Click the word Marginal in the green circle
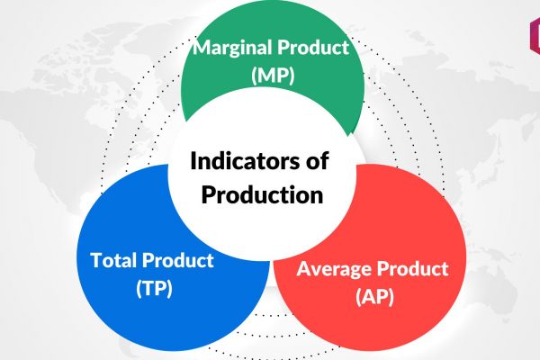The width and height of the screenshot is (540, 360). pos(233,49)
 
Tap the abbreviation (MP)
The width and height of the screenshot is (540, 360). pos(273,75)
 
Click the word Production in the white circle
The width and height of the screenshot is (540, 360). pos(262,194)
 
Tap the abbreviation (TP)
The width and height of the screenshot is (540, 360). pos(154,288)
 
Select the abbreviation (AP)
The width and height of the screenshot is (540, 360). pos(374,296)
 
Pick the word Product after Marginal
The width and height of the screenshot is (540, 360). pos(314,48)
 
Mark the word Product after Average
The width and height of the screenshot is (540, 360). pos(411,268)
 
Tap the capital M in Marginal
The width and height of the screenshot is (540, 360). pos(202,48)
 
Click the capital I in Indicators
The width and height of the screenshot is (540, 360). pos(193,161)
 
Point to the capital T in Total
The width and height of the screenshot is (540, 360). pos(97,260)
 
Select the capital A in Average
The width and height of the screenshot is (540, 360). pos(304,269)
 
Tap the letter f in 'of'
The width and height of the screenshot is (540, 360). pos(323,160)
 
